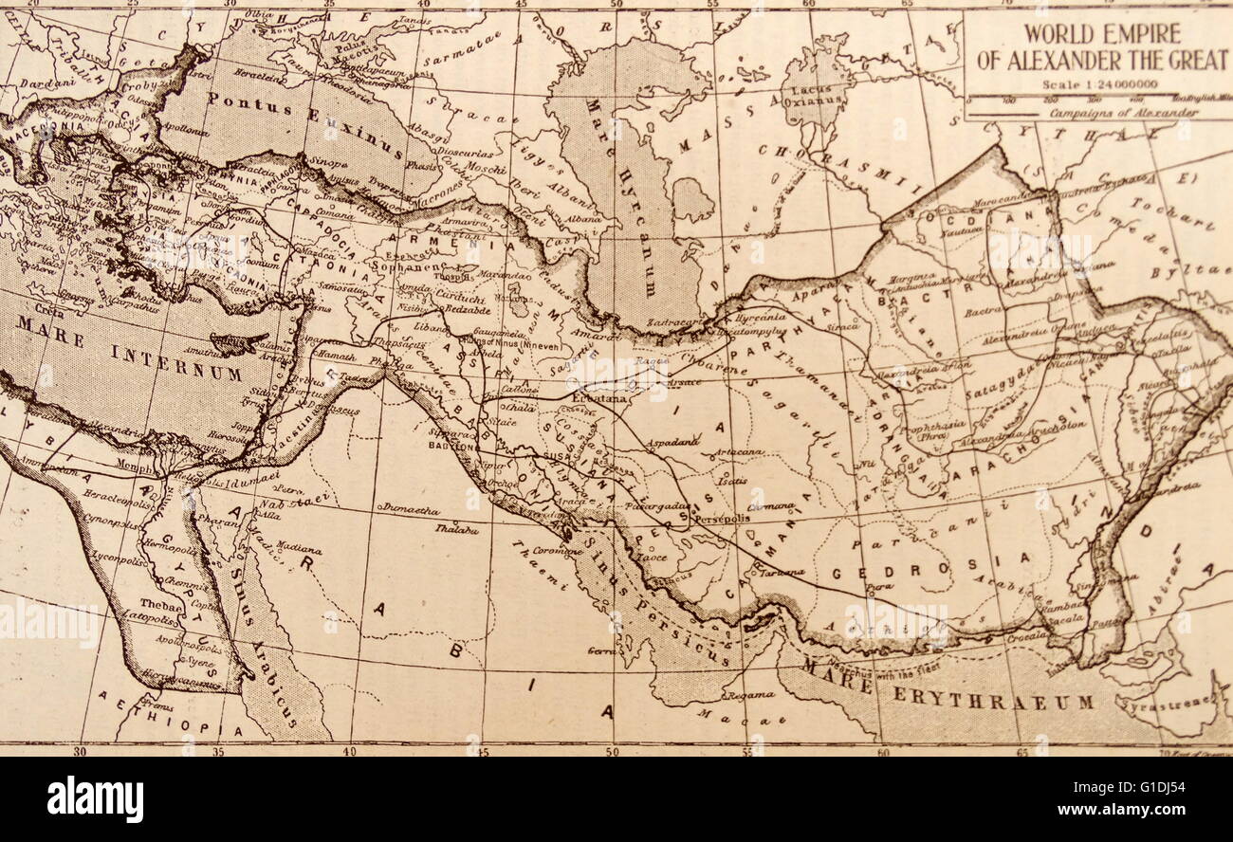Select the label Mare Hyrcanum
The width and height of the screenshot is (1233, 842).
tap(621, 199)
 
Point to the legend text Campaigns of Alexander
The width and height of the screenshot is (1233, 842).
tap(1124, 112)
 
